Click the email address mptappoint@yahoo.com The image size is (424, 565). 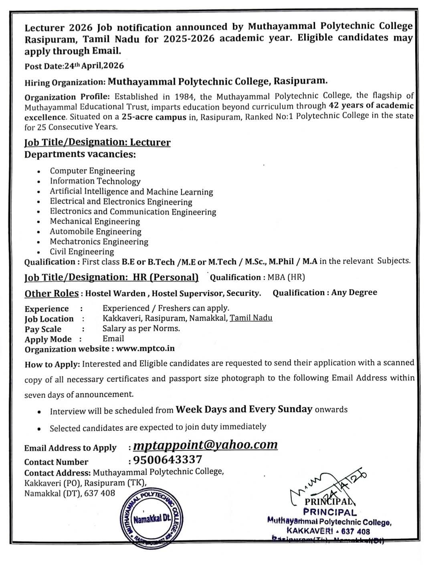205,445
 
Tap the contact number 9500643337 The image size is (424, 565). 168,460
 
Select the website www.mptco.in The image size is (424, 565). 145,348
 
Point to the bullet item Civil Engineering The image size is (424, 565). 82,252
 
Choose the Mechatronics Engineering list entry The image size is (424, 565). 99,242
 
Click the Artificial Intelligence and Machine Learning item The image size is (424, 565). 131,192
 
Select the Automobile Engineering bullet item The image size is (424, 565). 95,232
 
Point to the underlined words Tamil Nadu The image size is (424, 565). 251,318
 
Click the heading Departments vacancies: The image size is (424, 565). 80,154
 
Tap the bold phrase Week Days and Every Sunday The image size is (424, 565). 244,409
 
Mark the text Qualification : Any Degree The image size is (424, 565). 325,293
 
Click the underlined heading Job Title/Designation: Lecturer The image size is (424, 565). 97,142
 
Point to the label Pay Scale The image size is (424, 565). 43,329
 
